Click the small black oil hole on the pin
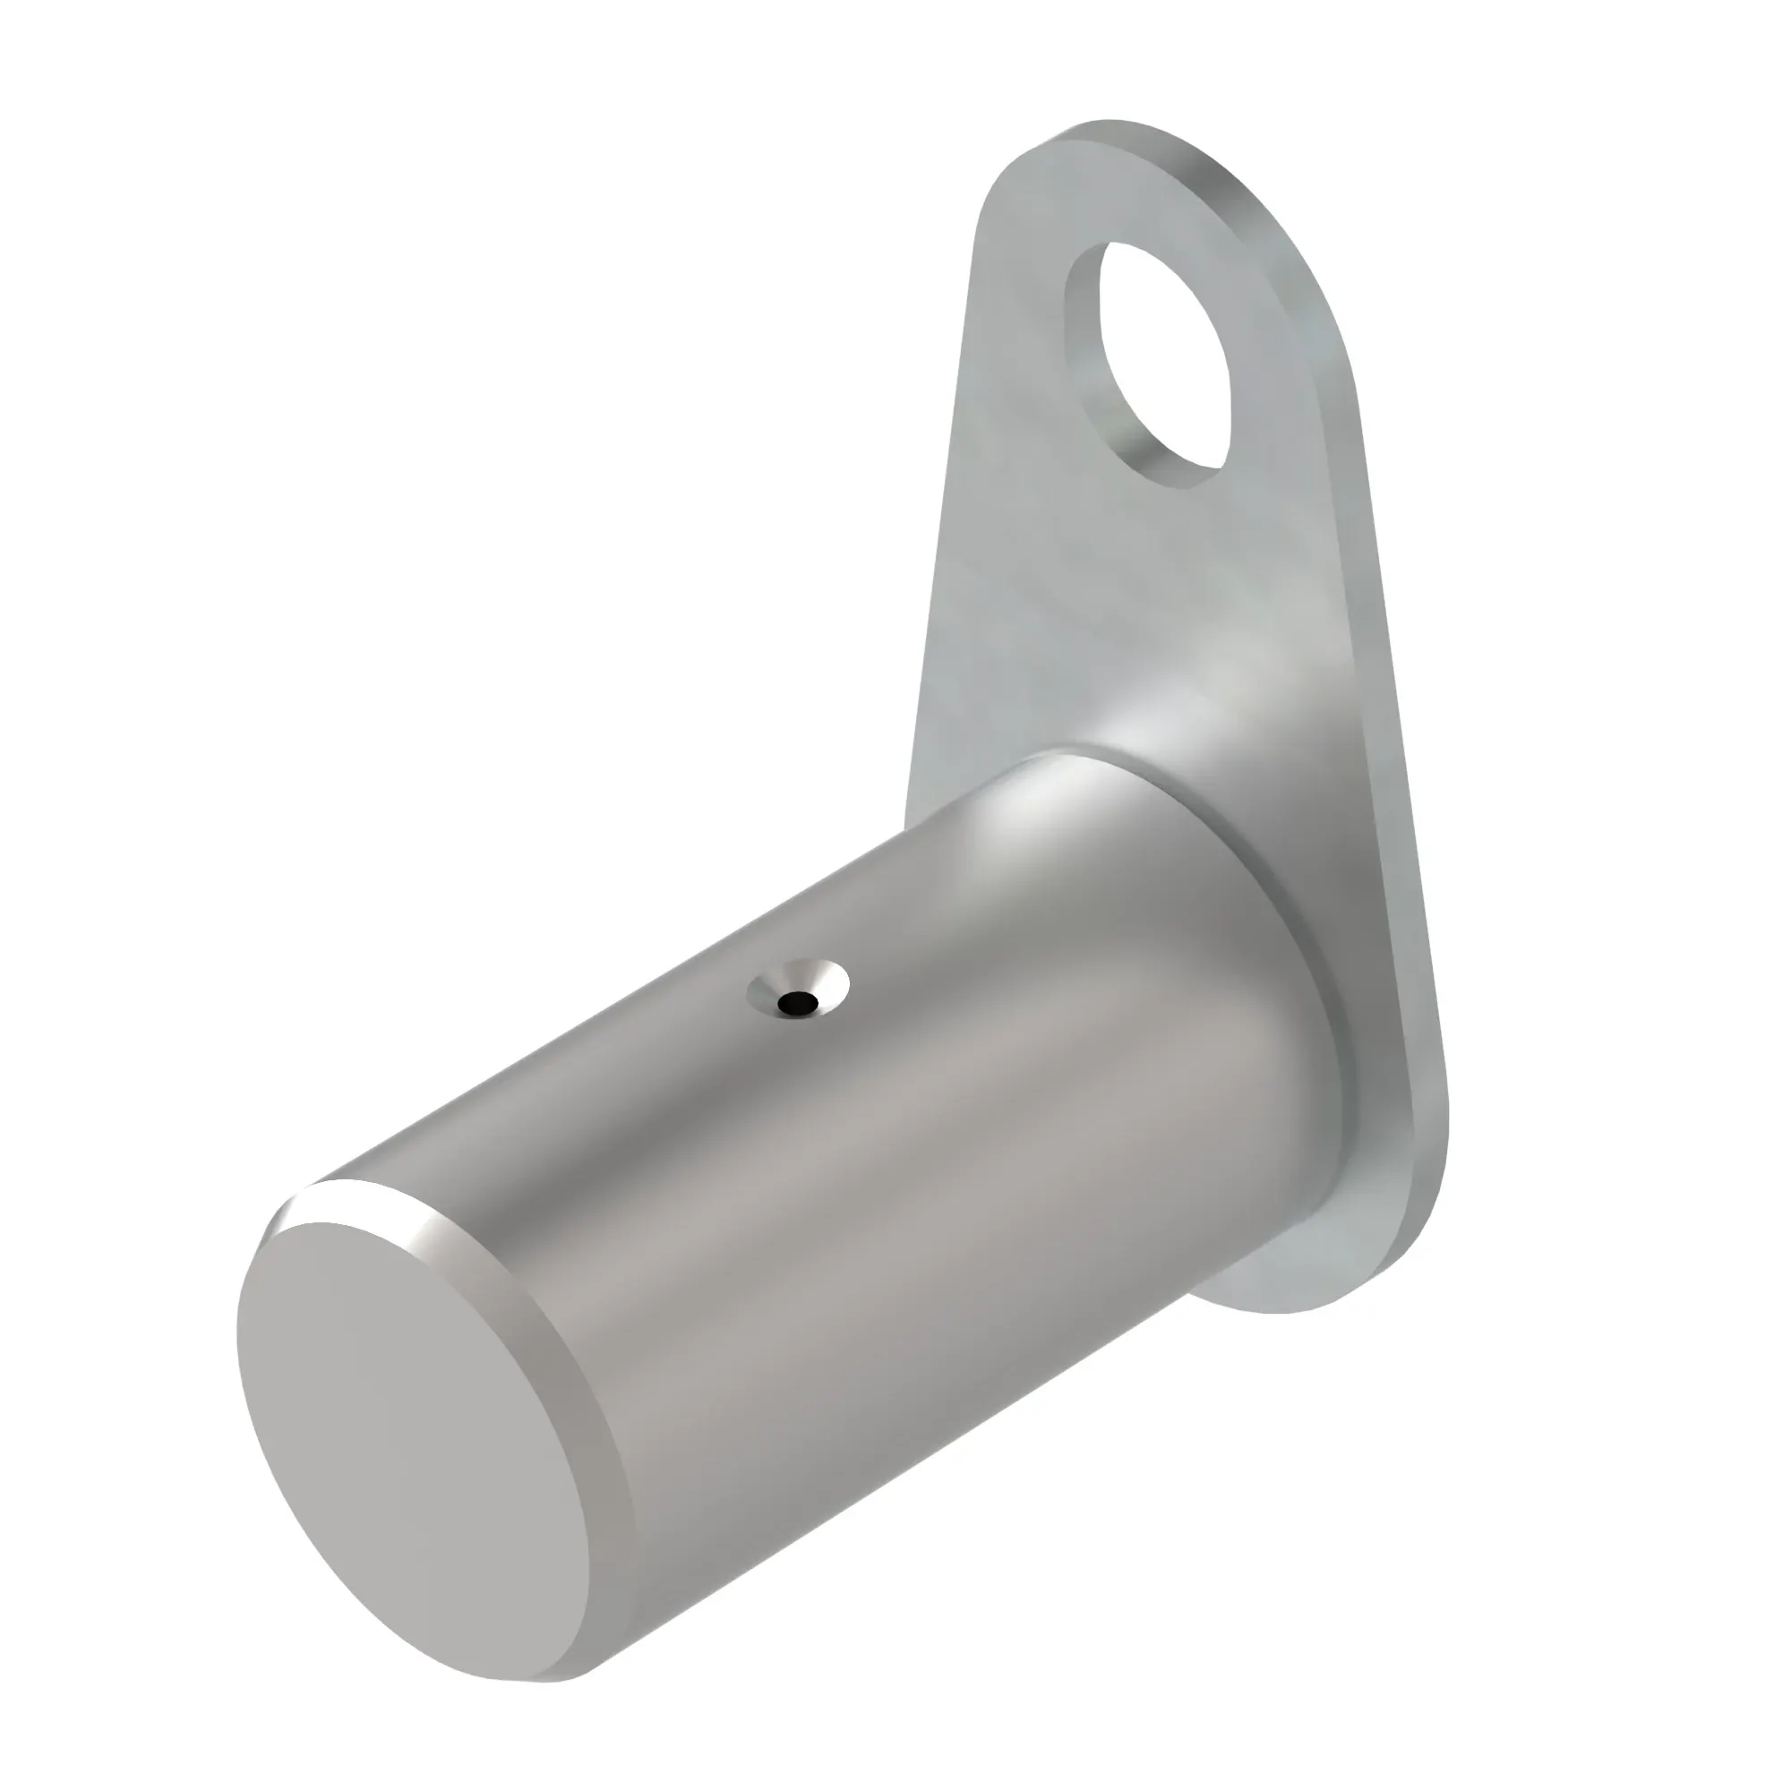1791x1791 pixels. [x=796, y=1002]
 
